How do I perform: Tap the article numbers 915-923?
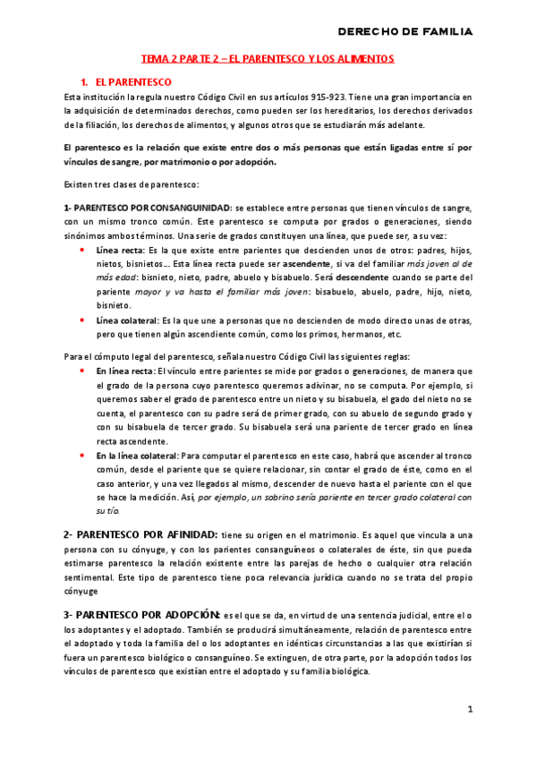(x=320, y=97)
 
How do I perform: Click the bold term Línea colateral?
(x=126, y=320)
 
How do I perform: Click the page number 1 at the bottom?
(x=470, y=709)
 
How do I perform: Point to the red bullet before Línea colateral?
(x=83, y=320)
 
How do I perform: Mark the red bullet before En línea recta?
(x=83, y=371)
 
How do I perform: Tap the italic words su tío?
(x=106, y=509)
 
